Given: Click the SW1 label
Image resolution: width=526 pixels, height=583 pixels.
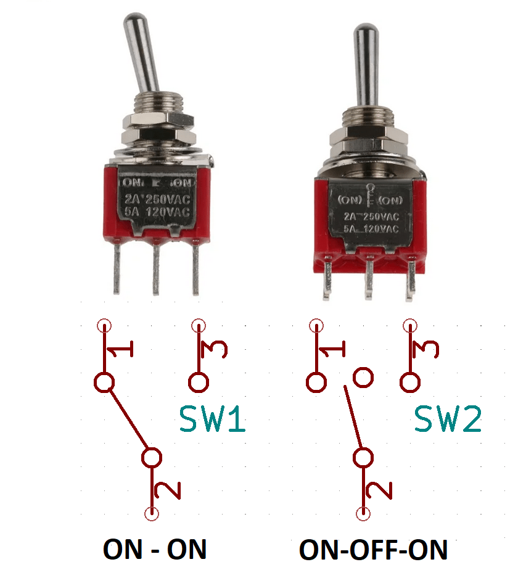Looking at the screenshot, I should coord(213,419).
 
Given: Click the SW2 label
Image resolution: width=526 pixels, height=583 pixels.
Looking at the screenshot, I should coord(448,419).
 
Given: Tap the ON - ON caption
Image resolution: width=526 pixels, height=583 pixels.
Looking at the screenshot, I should coord(155,548).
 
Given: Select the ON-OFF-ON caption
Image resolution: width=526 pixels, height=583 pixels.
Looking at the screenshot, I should coord(374,549).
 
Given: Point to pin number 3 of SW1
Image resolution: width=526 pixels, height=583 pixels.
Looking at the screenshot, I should coord(215,350).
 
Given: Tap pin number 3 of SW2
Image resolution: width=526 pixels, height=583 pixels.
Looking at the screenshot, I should coord(425,350).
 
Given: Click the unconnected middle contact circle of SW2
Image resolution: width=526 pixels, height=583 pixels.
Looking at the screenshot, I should coord(363,376).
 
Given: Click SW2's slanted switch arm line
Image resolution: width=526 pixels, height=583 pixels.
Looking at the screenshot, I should coord(353,420).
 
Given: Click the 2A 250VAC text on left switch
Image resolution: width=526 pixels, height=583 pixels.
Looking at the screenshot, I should coord(157,198).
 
